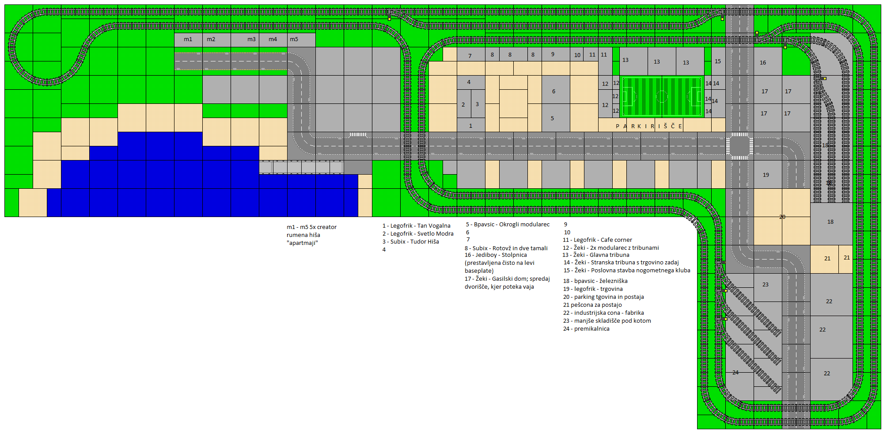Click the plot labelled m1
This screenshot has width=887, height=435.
188,39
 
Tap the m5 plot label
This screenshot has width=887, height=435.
294,39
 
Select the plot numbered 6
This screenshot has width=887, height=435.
553,92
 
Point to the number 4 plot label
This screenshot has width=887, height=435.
469,82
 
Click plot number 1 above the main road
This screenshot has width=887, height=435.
470,126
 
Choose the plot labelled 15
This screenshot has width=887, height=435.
718,61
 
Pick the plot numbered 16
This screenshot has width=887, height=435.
763,63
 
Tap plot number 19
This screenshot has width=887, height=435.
766,175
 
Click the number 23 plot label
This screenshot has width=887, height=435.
766,285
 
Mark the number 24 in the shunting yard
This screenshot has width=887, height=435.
735,372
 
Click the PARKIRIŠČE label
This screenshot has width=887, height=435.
649,126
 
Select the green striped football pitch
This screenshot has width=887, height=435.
662,96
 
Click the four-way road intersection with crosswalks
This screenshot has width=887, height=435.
739,146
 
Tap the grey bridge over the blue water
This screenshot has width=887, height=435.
301,167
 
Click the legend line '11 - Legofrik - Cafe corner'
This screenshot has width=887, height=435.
597,240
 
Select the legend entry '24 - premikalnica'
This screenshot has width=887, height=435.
586,329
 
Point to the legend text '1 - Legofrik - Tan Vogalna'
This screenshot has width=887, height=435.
417,226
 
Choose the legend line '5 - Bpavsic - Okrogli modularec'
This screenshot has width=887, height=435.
508,225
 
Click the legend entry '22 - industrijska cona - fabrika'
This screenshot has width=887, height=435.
603,313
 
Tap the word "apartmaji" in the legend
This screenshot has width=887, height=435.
302,243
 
